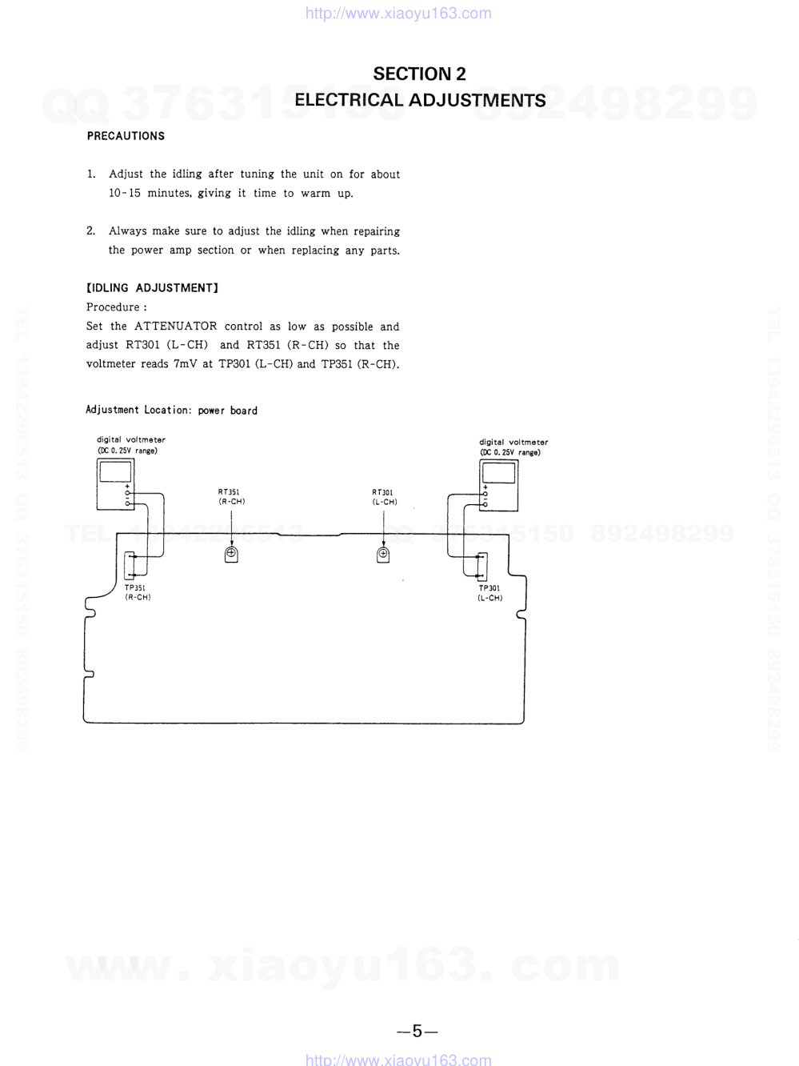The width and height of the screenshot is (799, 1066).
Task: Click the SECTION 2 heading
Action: pyautogui.click(x=419, y=74)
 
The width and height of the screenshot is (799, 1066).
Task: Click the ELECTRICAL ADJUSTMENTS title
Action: pyautogui.click(x=420, y=100)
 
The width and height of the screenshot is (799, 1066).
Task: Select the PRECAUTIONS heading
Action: pyautogui.click(x=126, y=136)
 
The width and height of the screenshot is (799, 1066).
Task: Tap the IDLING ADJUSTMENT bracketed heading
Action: pyautogui.click(x=152, y=288)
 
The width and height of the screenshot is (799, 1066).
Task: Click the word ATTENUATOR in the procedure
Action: pyautogui.click(x=175, y=327)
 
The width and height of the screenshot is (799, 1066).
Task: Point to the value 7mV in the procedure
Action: pyautogui.click(x=186, y=364)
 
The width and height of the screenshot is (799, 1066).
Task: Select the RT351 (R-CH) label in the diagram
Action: pyautogui.click(x=231, y=497)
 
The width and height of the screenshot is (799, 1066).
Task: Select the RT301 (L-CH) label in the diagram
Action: pyautogui.click(x=384, y=497)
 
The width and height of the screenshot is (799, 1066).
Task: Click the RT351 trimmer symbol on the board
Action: pyautogui.click(x=231, y=554)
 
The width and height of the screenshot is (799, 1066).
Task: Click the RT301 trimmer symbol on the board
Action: pyautogui.click(x=383, y=554)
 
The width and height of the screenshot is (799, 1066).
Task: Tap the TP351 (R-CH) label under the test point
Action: pyautogui.click(x=137, y=592)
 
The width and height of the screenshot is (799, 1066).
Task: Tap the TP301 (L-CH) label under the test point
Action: pyautogui.click(x=489, y=593)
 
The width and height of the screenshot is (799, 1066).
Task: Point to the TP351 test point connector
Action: pyautogui.click(x=131, y=565)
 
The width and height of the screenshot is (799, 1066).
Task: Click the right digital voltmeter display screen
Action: pyautogui.click(x=498, y=472)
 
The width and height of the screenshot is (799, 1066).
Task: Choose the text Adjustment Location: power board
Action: pyautogui.click(x=171, y=411)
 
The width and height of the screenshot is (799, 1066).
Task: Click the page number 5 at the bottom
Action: pyautogui.click(x=417, y=1031)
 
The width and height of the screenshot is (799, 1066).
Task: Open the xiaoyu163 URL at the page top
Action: pyautogui.click(x=398, y=13)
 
